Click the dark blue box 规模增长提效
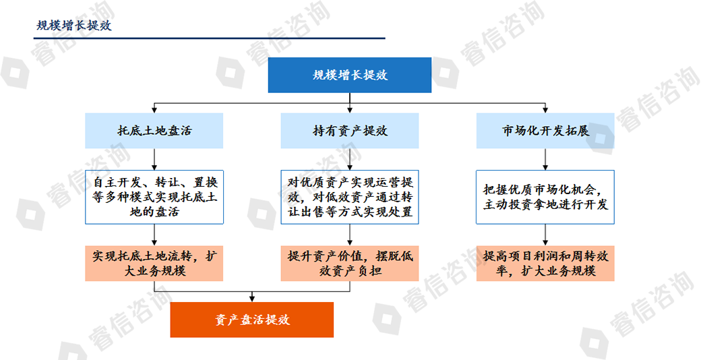[350, 75]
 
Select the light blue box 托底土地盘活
[154, 131]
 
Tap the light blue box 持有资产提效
[350, 131]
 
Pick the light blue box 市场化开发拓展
[545, 131]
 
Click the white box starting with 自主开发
[154, 197]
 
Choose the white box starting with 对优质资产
[350, 197]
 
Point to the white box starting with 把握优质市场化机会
[545, 197]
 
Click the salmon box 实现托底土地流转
[154, 264]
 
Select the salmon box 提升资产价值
[350, 264]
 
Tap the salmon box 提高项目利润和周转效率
[545, 264]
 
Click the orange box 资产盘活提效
[251, 320]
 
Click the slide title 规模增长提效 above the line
[73, 25]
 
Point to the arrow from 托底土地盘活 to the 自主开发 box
[154, 159]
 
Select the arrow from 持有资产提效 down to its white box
[350, 159]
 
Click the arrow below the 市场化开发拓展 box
[545, 159]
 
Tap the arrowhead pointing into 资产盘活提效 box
[251, 299]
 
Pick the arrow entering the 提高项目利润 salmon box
[545, 235]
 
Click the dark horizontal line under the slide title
[209, 38]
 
